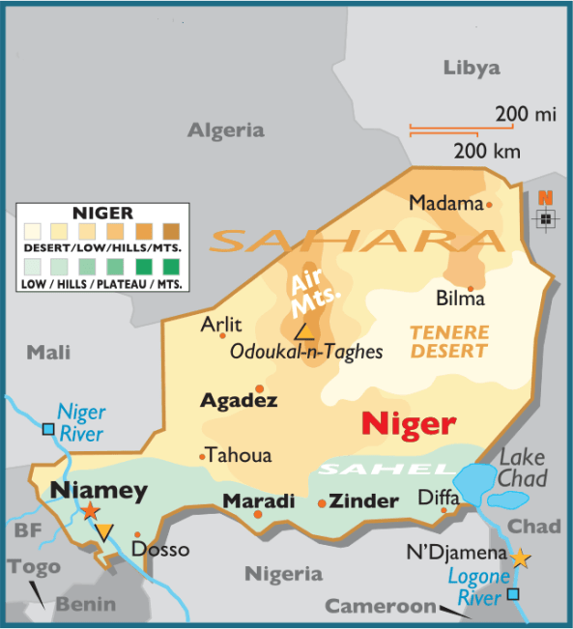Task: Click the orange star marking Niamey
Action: coord(90,510)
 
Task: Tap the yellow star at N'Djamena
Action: coord(521,558)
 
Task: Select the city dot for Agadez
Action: coord(259,389)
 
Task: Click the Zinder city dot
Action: coord(322,503)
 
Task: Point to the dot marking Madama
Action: coord(489,205)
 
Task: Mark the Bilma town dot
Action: coord(471,288)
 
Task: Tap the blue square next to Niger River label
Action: coord(48,428)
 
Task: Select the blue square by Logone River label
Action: coord(513,594)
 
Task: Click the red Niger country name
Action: coord(407,423)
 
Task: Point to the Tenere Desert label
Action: coord(449,341)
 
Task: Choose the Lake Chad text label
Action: coord(522,468)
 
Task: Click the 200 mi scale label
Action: coord(526,115)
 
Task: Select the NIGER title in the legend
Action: coord(102,213)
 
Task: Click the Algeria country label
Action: coord(225,130)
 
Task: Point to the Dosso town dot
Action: coord(137,534)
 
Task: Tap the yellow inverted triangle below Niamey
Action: coord(103,531)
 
